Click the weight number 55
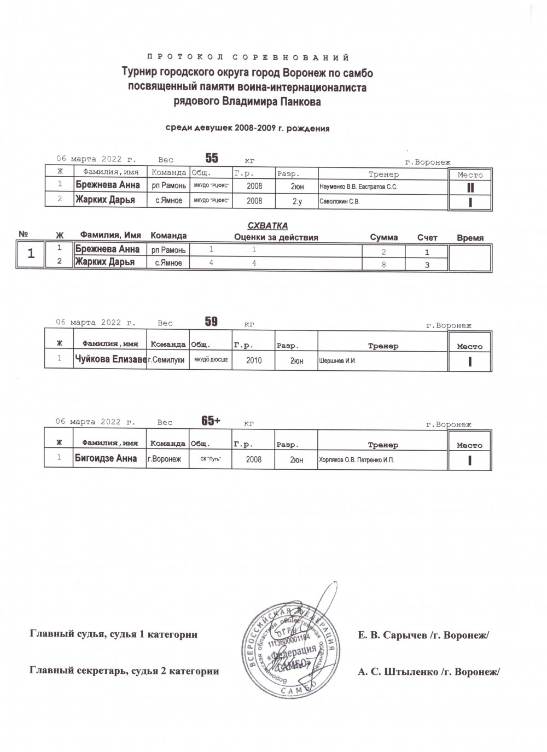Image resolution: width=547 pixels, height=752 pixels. pos(212,159)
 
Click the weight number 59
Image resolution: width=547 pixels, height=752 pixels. pos(211,322)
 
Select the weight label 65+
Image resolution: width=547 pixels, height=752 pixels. pos(211,421)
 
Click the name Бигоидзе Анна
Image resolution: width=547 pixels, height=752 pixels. pos(106,459)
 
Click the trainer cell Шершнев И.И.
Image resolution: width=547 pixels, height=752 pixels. pos(337,361)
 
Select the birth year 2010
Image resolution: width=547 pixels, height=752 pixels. pos(254,361)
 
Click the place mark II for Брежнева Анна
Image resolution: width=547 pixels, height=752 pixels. pos(470,188)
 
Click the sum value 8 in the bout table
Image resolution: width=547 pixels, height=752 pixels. pos(383,264)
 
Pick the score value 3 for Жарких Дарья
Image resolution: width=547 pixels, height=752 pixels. pos(427,265)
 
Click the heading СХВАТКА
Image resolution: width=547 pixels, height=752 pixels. pos(267,226)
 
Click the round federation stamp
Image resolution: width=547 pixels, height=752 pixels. pos(289,649)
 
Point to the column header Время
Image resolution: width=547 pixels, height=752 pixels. pos(470,238)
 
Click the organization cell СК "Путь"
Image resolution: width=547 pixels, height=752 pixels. pos(211,460)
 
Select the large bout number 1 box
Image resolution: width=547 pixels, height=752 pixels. pos(32,254)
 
